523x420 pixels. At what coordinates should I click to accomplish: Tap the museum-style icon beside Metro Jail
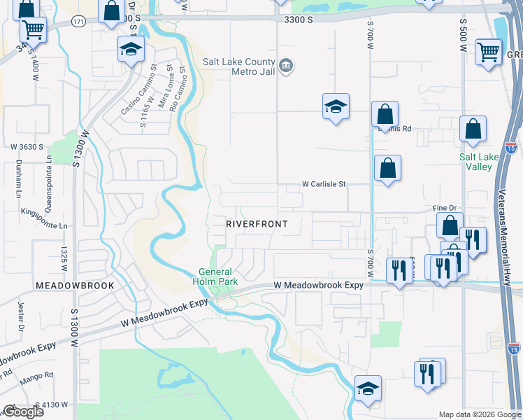pos(286,66)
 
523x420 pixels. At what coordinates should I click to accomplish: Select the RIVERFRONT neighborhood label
pos(257,223)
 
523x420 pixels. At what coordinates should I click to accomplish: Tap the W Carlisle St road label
pos(324,184)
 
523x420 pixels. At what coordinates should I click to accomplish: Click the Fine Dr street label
pos(444,209)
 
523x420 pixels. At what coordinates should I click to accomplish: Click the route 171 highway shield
pos(78,23)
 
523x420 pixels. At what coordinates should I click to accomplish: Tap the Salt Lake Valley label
pos(479,162)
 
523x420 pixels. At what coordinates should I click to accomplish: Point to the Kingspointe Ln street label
pos(44,215)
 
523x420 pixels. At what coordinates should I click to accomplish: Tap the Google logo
pos(22,412)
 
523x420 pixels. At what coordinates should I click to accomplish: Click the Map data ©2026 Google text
pos(479,414)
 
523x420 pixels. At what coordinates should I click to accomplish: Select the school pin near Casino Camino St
pos(131,50)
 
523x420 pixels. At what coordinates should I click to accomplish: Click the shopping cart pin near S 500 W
pos(488,51)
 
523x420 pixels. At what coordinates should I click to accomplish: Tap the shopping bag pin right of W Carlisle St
pos(387,169)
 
